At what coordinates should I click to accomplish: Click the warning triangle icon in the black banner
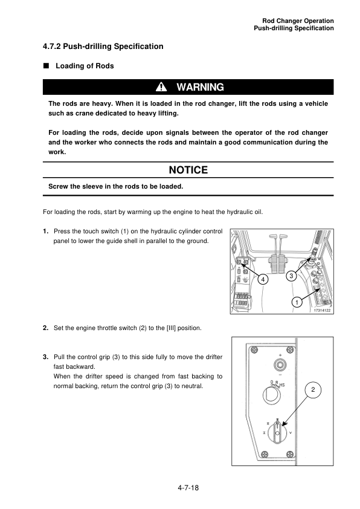[161, 87]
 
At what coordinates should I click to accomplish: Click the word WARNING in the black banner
[200, 87]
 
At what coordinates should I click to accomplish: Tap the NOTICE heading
[188, 170]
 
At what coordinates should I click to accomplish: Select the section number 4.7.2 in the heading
[52, 47]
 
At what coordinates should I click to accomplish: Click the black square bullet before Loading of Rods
[46, 65]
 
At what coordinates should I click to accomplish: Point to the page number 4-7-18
[188, 488]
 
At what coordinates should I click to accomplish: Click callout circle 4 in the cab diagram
[263, 279]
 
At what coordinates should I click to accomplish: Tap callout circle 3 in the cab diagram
[291, 276]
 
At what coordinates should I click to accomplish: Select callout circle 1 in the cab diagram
[297, 302]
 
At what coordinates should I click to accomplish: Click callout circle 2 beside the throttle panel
[313, 389]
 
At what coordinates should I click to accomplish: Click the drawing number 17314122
[322, 310]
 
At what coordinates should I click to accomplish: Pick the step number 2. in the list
[46, 328]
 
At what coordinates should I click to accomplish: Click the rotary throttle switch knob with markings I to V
[277, 433]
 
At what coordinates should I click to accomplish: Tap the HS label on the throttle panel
[282, 384]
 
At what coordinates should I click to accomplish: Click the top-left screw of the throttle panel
[254, 349]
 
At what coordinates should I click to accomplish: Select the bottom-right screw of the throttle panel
[291, 454]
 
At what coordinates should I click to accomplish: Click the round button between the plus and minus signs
[280, 365]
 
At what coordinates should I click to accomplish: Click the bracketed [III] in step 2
[171, 328]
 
